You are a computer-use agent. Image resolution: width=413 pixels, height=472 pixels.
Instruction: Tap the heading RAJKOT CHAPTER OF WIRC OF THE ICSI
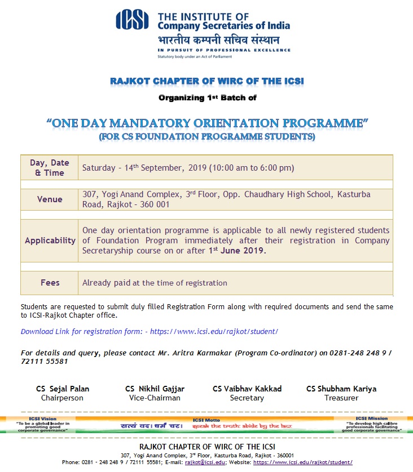(x=206, y=82)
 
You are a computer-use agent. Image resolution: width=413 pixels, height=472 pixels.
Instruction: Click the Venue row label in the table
(x=50, y=199)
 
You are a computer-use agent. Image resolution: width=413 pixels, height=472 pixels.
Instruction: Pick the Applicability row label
(x=50, y=241)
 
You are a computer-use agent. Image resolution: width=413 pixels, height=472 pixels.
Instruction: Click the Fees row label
(x=50, y=283)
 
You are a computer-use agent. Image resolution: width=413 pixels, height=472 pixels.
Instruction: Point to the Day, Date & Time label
(x=50, y=168)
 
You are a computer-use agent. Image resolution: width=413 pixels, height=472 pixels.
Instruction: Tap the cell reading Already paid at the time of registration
(x=155, y=283)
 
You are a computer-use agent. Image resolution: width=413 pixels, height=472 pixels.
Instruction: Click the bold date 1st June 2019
(x=237, y=251)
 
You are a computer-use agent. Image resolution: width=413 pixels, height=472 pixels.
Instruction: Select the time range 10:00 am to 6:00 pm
(x=252, y=168)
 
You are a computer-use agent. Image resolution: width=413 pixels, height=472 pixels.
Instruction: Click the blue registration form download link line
(x=150, y=331)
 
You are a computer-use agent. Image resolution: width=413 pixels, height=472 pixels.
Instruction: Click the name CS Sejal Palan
(x=63, y=389)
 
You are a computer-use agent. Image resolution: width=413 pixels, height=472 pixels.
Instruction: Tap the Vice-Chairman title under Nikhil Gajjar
(x=155, y=398)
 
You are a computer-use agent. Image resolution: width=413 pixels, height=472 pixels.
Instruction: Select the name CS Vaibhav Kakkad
(x=247, y=389)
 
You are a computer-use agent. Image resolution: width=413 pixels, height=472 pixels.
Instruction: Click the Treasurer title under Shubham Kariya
(x=341, y=398)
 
